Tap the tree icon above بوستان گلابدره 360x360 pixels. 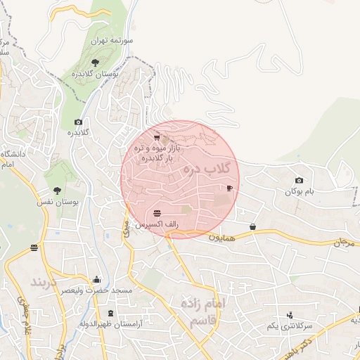96,63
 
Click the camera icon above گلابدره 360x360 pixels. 77,122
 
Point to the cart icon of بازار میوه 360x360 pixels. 156,138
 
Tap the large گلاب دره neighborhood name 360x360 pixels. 207,169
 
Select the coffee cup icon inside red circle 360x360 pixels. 229,188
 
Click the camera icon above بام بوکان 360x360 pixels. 300,181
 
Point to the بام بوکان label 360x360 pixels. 300,191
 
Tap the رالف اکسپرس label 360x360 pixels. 155,223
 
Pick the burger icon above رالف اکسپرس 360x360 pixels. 155,212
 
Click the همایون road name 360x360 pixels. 224,238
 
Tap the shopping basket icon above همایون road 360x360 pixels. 252,226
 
